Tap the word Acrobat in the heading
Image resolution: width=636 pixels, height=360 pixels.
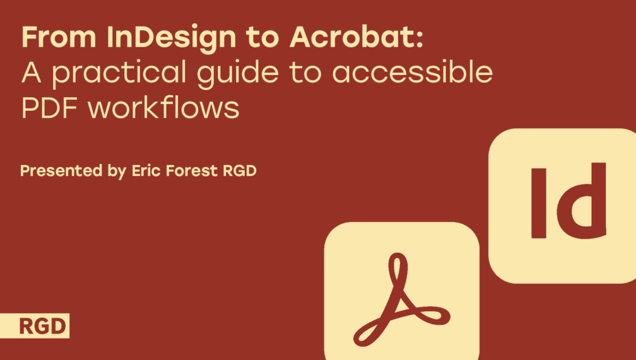click(x=351, y=37)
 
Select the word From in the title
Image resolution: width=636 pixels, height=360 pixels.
click(x=59, y=37)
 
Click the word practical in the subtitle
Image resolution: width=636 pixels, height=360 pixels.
click(x=119, y=74)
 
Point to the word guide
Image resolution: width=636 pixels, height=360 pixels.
click(x=238, y=74)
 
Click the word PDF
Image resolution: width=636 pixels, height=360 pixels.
click(x=49, y=107)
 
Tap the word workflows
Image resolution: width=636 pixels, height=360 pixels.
click(x=163, y=107)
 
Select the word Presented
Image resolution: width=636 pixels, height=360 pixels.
click(x=61, y=171)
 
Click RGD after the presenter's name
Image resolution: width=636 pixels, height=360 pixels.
click(x=240, y=171)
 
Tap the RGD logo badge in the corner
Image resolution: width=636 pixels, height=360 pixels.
click(x=35, y=325)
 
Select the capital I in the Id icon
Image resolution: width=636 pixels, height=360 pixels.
click(x=539, y=203)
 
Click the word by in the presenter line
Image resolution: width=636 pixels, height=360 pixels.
click(x=117, y=171)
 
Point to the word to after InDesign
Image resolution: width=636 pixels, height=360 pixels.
click(x=262, y=38)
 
